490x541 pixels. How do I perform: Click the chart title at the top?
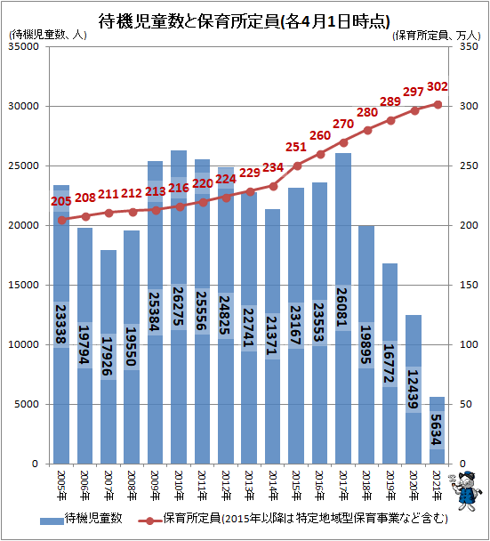[x=245, y=21]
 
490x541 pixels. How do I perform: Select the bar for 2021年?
[x=437, y=431]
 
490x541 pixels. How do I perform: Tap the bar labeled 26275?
[x=179, y=307]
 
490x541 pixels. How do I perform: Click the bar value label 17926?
[x=108, y=357]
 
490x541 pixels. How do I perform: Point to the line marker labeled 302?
[x=438, y=104]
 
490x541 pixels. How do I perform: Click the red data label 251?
[x=296, y=148]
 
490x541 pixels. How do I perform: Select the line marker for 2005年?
[x=61, y=220]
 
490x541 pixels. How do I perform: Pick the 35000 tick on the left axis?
[x=23, y=46]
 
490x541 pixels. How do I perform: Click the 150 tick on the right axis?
[x=469, y=285]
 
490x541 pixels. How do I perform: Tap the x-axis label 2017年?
[x=342, y=486]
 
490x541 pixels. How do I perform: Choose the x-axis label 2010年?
[x=179, y=486]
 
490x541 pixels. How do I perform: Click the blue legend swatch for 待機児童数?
[x=52, y=521]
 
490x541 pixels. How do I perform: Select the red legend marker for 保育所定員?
[x=149, y=521]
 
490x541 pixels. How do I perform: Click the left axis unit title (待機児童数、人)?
[x=48, y=35]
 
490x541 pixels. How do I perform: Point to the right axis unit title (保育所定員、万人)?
[x=437, y=36]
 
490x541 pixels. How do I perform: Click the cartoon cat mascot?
[x=463, y=490]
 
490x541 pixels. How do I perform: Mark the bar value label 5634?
[x=437, y=430]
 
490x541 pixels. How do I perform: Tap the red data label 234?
[x=273, y=167]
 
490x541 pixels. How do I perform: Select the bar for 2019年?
[x=390, y=364]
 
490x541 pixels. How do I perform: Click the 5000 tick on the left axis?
[x=27, y=404]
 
